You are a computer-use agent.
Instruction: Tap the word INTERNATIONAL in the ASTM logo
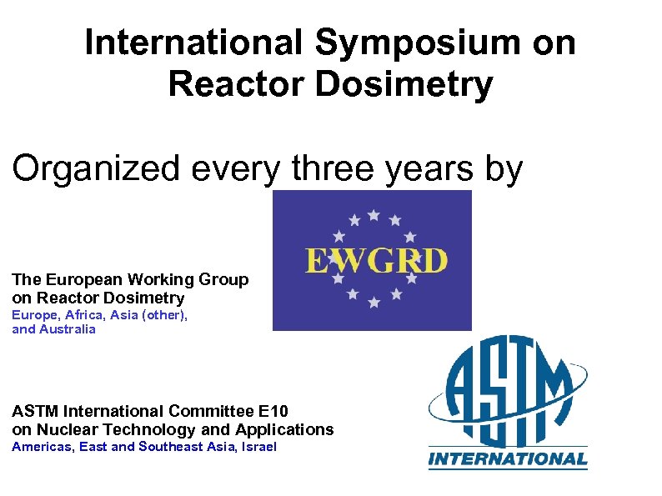click(x=508, y=459)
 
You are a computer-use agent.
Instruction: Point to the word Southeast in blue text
click(x=168, y=448)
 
